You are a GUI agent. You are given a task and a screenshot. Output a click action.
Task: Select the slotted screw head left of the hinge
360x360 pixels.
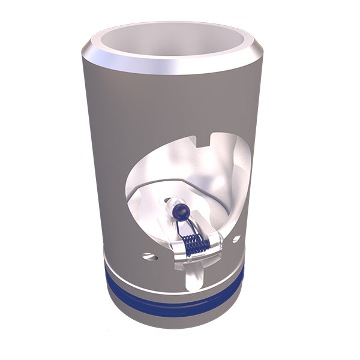coord(148,257)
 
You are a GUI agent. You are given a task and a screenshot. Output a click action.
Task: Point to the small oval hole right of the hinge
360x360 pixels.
coord(236,239)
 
